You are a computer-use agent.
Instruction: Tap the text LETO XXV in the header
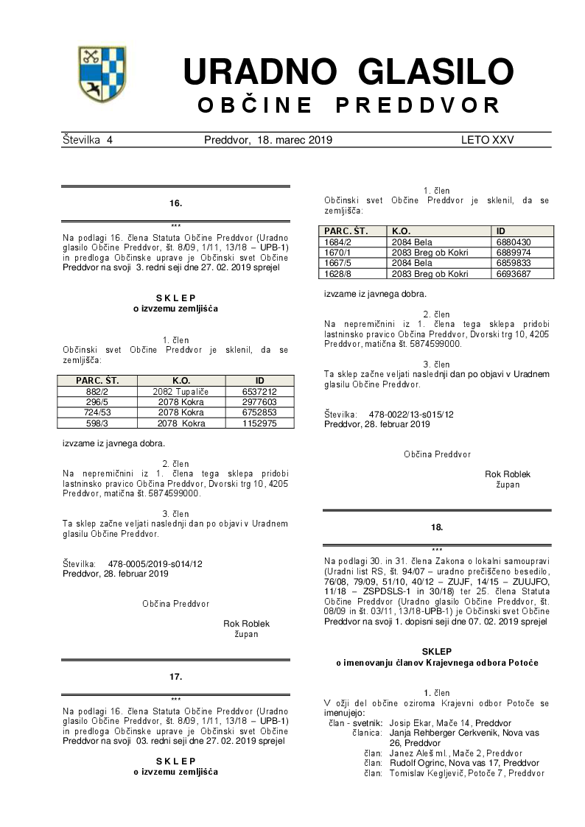(487, 140)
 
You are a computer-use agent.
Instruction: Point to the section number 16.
(175, 203)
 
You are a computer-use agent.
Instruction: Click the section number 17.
(175, 676)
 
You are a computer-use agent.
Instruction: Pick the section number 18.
(437, 527)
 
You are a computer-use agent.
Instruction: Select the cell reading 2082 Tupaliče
(181, 392)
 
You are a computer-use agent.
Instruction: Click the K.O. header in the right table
(402, 230)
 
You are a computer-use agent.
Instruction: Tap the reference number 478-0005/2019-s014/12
(155, 563)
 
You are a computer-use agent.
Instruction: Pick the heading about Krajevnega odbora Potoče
(437, 663)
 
